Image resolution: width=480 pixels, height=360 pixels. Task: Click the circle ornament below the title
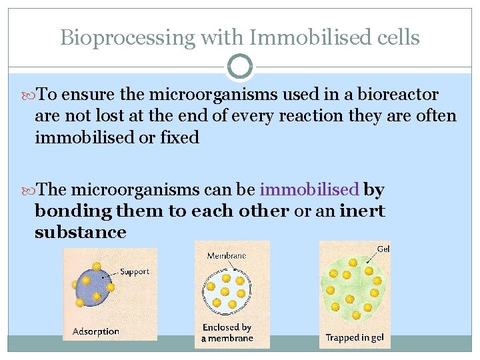click(x=240, y=67)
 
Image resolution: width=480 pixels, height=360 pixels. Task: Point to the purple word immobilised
click(x=309, y=190)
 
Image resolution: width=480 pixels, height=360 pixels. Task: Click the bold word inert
click(x=362, y=211)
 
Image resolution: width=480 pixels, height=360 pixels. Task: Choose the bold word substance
click(x=81, y=232)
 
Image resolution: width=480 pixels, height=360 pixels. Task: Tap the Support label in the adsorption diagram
click(x=134, y=272)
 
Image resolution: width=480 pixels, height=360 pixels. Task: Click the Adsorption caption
click(x=95, y=331)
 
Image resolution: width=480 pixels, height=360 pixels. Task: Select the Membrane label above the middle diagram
click(x=227, y=255)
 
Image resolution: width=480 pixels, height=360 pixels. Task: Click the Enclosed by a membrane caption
click(x=227, y=333)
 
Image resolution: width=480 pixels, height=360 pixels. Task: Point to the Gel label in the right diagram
click(x=383, y=249)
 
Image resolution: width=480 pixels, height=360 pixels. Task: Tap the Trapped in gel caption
click(x=355, y=337)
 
